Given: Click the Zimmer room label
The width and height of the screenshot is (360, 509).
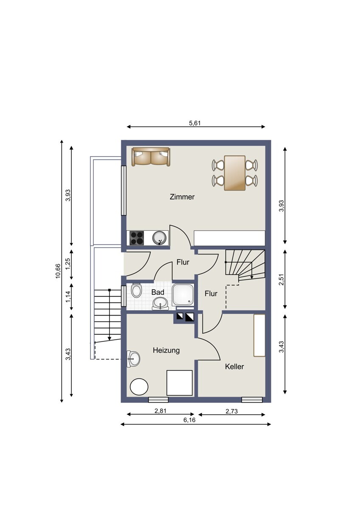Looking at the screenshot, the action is point(182,197).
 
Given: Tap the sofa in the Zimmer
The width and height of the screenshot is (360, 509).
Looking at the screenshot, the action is point(151,157).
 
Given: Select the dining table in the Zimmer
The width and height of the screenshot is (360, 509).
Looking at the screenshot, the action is point(235,173).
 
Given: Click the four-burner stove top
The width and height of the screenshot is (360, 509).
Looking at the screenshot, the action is point(136,238).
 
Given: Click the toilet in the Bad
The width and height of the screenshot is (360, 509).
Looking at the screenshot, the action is point(136,290).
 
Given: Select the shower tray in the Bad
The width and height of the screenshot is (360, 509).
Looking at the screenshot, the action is point(183,294).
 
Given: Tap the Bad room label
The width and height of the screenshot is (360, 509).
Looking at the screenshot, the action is point(157,292).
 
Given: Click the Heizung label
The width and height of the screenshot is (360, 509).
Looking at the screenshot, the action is point(166,350).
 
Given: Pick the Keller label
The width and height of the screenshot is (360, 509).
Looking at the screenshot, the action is point(234,366).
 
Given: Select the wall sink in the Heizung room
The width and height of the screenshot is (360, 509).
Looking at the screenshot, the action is point(133,359).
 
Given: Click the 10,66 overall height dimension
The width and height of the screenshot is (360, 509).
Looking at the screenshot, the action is point(58,271).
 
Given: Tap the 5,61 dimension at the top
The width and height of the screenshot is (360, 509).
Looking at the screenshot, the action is point(195,123).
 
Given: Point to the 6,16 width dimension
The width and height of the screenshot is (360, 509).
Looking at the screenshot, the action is point(189,420).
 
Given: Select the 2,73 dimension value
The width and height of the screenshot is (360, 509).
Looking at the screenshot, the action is point(231,411).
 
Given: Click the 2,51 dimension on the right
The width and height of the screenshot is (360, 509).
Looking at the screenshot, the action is point(281,280).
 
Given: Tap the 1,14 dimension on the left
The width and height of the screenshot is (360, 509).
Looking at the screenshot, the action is point(68,297).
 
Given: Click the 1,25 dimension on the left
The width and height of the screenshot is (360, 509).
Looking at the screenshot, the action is point(68,265).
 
